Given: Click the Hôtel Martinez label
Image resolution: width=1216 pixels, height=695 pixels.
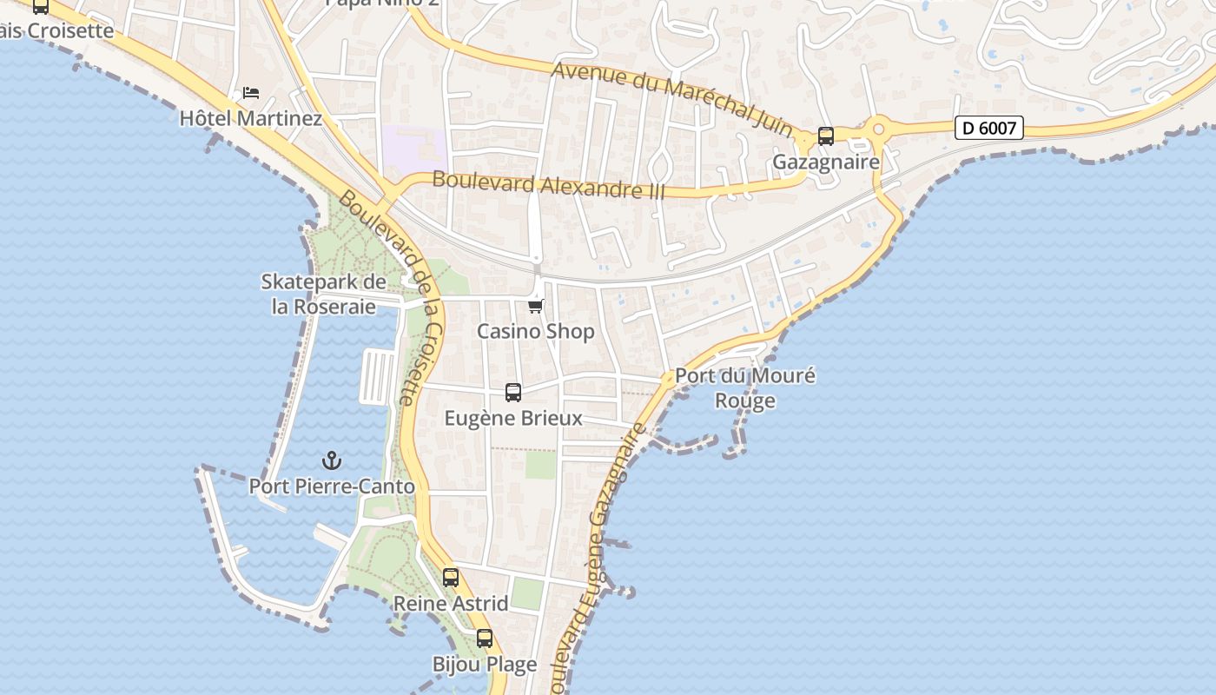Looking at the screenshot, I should click(x=250, y=118).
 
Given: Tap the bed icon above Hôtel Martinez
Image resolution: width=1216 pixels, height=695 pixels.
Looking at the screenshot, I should click(x=251, y=92).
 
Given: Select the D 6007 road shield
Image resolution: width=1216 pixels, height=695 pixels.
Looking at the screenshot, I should click(x=989, y=129).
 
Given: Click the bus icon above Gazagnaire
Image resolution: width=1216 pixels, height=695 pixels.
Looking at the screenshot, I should click(x=826, y=136).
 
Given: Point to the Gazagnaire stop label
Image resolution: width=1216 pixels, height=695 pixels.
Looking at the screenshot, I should click(x=826, y=162).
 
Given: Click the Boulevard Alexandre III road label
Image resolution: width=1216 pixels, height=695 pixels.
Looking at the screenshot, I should click(x=548, y=184).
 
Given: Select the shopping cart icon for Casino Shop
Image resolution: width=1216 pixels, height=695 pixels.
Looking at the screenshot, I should click(x=536, y=306).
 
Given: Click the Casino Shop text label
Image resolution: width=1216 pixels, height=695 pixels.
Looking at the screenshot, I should click(x=536, y=331).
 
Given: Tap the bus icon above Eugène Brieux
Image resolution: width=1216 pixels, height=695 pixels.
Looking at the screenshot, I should click(x=513, y=393).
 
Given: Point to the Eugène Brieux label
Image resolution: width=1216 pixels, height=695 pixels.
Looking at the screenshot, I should click(x=513, y=418).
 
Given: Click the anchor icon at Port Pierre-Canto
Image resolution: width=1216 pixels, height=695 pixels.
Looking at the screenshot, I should click(x=331, y=460).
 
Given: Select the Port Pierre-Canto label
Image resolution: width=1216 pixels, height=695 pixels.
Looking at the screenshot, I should click(x=332, y=486).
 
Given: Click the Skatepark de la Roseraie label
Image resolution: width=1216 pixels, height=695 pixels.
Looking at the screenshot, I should click(x=324, y=295).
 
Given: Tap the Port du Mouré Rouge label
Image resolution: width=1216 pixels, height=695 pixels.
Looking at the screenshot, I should click(x=745, y=387).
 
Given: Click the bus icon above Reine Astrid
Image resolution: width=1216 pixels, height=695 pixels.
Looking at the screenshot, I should click(x=451, y=577).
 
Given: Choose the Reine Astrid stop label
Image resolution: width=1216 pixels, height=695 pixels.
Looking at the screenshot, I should click(x=451, y=603).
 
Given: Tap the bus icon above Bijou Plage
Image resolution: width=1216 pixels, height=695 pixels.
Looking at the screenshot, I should click(x=485, y=639).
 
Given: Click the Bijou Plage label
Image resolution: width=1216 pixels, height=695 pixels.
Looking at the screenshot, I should click(x=485, y=665).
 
